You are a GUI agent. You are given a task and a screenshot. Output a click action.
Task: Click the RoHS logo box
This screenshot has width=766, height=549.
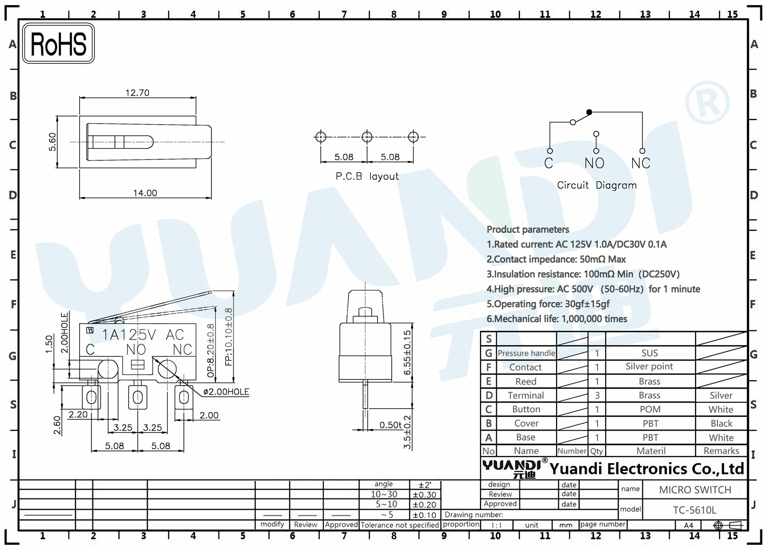59,43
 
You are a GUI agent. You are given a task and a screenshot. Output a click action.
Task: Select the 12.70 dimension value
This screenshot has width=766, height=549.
137,93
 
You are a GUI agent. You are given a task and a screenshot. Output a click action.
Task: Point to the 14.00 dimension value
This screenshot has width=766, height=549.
145,193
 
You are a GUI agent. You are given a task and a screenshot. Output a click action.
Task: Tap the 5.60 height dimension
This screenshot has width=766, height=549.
52,142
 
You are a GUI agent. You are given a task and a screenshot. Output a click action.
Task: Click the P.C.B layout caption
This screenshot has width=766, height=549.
367,176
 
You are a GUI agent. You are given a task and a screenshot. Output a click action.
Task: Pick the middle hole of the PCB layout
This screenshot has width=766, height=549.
367,137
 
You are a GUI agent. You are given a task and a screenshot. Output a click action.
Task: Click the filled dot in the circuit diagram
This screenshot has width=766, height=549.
589,112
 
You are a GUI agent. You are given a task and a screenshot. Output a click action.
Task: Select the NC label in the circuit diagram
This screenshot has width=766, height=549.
640,163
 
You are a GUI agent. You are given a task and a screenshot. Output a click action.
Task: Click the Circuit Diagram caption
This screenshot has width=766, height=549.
597,185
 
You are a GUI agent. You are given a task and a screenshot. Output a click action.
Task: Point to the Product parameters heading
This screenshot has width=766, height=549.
528,229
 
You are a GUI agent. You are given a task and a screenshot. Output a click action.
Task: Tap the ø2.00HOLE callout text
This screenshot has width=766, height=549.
226,392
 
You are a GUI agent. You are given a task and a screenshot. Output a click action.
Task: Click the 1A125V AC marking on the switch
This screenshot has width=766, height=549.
143,335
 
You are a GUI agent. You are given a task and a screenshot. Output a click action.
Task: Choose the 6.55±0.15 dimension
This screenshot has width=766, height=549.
407,353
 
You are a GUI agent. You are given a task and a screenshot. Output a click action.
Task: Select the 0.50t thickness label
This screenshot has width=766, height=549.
390,425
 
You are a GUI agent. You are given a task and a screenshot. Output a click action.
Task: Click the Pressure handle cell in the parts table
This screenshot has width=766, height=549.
526,353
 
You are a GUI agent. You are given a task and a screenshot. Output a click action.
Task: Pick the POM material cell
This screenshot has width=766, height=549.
650,410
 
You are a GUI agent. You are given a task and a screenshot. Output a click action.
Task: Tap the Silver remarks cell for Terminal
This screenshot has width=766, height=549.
721,395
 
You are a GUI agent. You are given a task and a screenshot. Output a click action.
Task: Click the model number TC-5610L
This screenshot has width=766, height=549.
695,510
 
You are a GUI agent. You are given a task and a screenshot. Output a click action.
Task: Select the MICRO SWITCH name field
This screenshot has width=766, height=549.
695,490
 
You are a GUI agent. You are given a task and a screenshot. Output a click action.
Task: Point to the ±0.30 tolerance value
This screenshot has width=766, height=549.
424,495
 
